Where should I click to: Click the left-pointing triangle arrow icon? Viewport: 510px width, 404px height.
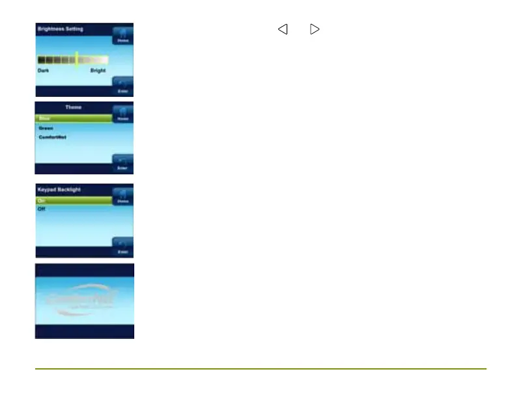click(283, 29)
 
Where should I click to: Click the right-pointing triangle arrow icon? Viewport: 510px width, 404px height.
click(315, 29)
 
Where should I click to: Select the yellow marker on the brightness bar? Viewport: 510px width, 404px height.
click(77, 59)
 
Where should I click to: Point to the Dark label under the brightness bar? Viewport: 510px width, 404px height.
click(44, 70)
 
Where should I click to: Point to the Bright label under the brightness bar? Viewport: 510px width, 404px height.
click(98, 70)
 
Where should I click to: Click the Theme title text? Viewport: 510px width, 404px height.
click(73, 107)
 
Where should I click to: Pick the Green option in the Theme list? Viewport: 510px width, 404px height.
click(46, 128)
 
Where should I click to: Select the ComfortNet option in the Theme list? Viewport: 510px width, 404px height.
click(52, 137)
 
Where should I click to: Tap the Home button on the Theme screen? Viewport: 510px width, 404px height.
click(122, 114)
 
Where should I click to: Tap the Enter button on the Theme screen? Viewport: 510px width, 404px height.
click(122, 163)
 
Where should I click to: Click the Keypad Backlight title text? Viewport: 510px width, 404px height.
click(59, 189)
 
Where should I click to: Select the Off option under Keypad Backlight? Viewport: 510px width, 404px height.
click(42, 209)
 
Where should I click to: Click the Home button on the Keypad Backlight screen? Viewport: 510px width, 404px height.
click(122, 197)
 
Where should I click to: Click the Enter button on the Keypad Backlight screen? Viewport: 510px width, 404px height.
click(122, 247)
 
